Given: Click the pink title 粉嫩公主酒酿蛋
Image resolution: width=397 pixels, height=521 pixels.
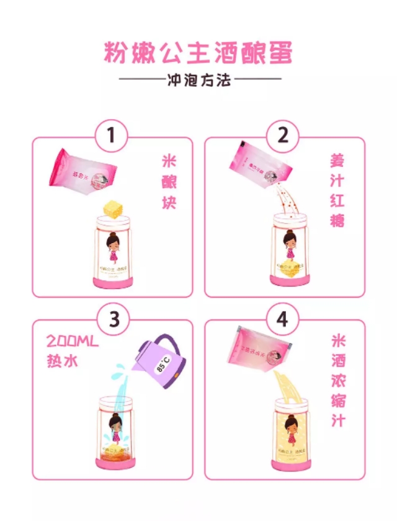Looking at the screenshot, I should [198, 52].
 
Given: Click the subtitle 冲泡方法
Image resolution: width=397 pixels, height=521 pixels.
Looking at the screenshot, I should [199, 80].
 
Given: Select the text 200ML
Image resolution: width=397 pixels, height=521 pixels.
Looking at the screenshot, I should [73, 342].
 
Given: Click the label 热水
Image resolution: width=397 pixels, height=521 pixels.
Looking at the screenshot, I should [63, 360].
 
